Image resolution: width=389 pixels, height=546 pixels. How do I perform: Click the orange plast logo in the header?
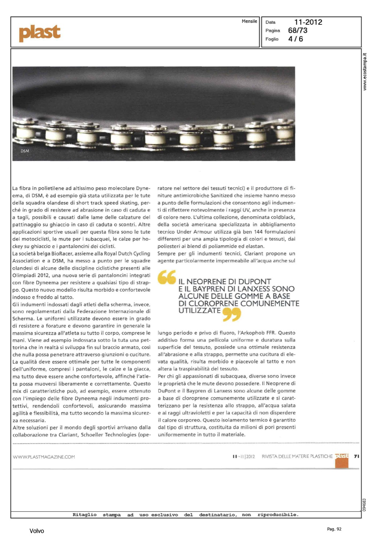(40, 33)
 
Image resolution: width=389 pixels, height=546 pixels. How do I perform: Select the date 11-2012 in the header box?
(308, 22)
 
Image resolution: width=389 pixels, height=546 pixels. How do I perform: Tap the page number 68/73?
(298, 31)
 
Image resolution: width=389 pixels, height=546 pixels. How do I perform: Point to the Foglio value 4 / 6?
(295, 39)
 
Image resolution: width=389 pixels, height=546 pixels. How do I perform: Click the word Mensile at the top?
(249, 21)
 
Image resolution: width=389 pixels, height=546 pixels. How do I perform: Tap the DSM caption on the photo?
(25, 151)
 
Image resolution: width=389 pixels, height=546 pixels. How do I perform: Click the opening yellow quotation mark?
(167, 277)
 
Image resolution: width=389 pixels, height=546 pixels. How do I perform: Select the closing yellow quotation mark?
(231, 314)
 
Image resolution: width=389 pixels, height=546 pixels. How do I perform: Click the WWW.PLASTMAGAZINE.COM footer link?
(44, 457)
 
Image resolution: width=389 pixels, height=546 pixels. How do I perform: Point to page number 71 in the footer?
(356, 456)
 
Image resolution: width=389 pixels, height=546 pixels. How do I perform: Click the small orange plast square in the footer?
(342, 460)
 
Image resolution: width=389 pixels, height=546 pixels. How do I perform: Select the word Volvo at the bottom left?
(37, 531)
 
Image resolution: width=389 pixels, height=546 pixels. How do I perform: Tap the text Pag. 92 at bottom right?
(334, 529)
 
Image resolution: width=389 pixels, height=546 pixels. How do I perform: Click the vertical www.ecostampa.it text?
(365, 72)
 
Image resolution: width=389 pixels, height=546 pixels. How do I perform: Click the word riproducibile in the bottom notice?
(278, 515)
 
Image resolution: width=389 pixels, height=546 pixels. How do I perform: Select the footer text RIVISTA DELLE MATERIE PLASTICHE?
(297, 456)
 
